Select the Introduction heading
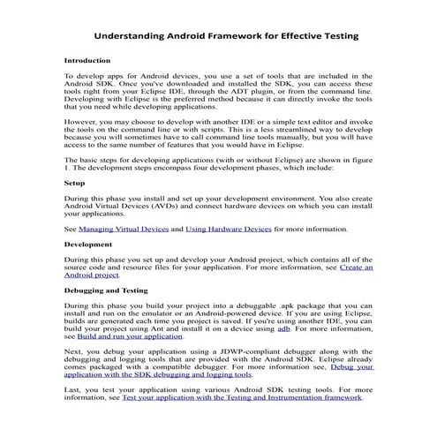coord(87,61)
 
